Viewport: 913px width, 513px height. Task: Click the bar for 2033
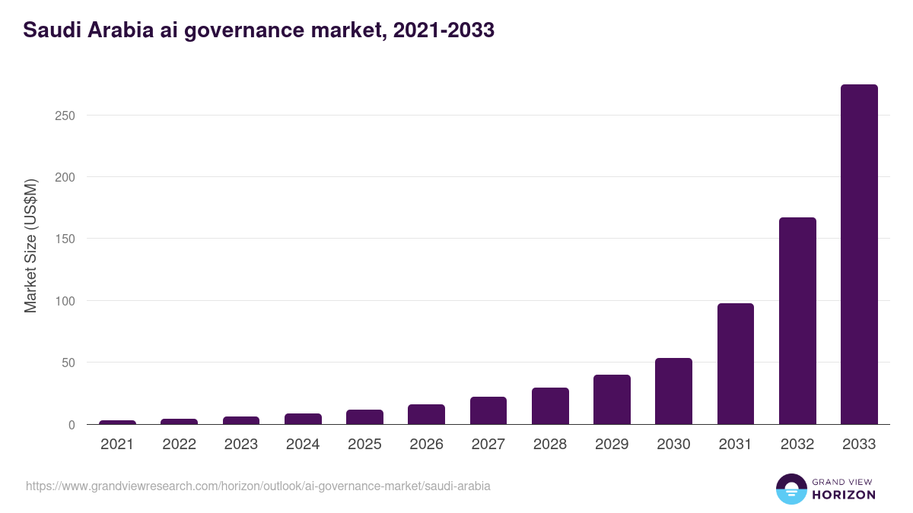pos(859,255)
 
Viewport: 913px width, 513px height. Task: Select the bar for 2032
pos(797,321)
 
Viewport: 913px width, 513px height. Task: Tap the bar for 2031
pos(735,364)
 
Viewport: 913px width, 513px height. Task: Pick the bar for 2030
pos(673,391)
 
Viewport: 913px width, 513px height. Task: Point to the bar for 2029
pos(612,400)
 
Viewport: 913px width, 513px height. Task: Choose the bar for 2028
pos(550,406)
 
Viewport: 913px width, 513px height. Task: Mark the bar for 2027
pos(488,410)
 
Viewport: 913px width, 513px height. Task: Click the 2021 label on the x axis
pos(117,445)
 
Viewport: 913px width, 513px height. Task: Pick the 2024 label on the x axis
pos(303,445)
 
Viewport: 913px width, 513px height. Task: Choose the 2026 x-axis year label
pos(426,445)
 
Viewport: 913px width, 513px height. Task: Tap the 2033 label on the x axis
pos(859,445)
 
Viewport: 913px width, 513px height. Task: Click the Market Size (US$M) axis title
pos(30,245)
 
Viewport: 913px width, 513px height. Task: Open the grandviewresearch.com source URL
pos(258,486)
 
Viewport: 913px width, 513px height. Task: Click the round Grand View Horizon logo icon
pos(791,489)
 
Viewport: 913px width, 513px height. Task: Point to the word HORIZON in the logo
pos(843,495)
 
